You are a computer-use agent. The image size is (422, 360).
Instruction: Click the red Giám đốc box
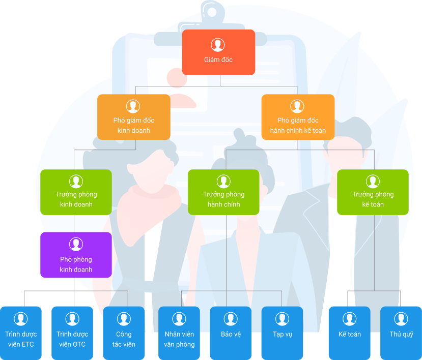[x=218, y=52]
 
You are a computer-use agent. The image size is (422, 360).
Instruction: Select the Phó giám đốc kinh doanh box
[x=133, y=117]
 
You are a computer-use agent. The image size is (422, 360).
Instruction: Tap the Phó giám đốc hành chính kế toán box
[x=298, y=117]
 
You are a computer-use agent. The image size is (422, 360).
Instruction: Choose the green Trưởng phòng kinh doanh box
[x=76, y=192]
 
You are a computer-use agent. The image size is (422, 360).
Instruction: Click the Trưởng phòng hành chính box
[x=223, y=192]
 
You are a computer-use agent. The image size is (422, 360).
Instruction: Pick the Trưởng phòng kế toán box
[x=373, y=192]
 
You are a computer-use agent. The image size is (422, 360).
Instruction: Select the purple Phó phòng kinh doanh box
[x=76, y=255]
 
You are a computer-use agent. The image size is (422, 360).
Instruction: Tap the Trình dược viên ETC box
[x=21, y=333]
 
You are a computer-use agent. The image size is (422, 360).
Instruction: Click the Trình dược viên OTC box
[x=72, y=333]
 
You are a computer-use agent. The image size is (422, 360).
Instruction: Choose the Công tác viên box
[x=124, y=333]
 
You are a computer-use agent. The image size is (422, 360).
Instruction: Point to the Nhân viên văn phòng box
[x=179, y=333]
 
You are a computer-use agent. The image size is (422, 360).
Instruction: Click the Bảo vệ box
[x=231, y=333]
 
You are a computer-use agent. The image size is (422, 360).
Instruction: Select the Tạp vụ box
[x=282, y=333]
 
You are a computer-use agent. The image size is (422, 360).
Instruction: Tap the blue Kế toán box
[x=349, y=333]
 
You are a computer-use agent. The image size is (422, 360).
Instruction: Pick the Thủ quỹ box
[x=401, y=333]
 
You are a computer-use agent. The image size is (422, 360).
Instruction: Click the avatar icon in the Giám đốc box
[x=218, y=45]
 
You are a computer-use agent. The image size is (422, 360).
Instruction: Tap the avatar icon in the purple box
[x=76, y=244]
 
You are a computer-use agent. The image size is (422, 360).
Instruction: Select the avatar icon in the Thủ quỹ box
[x=401, y=319]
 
